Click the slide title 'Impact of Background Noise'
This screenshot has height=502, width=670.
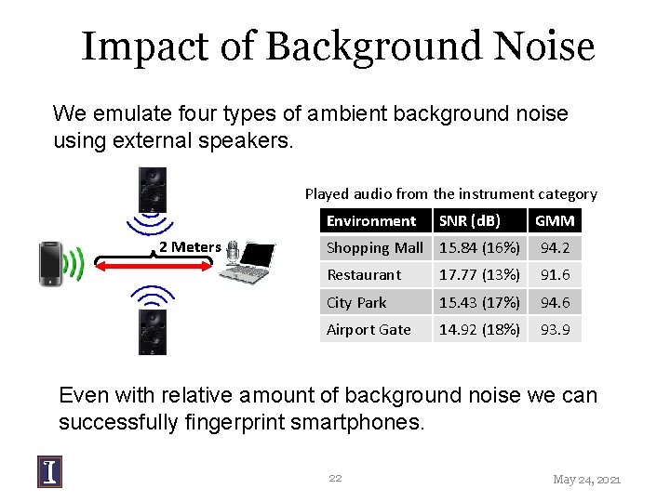pyautogui.click(x=337, y=46)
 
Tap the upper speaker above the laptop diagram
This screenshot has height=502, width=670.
pyautogui.click(x=153, y=191)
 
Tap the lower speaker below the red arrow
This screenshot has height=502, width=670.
pyautogui.click(x=153, y=331)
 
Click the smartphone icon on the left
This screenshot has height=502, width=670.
pyautogui.click(x=52, y=263)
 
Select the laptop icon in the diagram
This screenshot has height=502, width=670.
pyautogui.click(x=253, y=262)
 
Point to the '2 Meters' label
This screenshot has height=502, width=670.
pyautogui.click(x=189, y=246)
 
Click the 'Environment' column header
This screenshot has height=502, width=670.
pyautogui.click(x=370, y=220)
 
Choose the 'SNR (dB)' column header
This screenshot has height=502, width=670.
pyautogui.click(x=469, y=220)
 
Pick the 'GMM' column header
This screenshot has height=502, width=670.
pyautogui.click(x=555, y=220)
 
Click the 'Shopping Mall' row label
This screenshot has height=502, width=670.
pyautogui.click(x=374, y=248)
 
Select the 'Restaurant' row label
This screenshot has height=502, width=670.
pyautogui.click(x=364, y=275)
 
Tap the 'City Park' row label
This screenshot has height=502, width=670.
pyautogui.click(x=356, y=302)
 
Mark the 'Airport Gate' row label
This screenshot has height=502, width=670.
pyautogui.click(x=368, y=329)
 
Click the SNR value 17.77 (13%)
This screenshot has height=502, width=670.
pyautogui.click(x=478, y=275)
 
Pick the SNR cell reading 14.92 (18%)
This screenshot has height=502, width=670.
pyautogui.click(x=478, y=329)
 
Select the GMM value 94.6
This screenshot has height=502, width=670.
pyautogui.click(x=555, y=302)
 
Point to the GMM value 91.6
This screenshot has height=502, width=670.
pyautogui.click(x=555, y=275)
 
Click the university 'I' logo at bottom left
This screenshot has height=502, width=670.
pyautogui.click(x=50, y=471)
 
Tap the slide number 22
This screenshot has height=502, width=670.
pyautogui.click(x=335, y=478)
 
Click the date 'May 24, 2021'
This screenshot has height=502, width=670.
pyautogui.click(x=586, y=479)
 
